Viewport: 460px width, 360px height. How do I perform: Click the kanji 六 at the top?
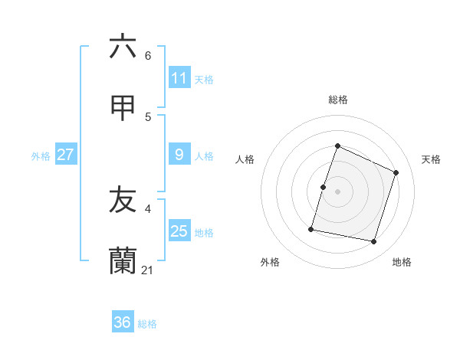tap(123, 47)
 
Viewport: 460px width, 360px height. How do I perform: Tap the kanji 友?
tap(123, 200)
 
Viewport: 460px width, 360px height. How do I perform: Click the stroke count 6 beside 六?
tap(148, 56)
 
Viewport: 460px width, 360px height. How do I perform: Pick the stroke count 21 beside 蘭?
tap(148, 270)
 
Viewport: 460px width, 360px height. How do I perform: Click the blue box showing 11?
tap(179, 78)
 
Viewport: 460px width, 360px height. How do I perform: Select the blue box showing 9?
tap(179, 155)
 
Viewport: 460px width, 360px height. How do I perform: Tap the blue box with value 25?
tap(179, 231)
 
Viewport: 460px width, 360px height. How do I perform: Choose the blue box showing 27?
tap(65, 155)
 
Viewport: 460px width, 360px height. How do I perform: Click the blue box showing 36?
tap(123, 322)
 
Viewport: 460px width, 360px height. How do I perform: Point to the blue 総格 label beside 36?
tap(147, 324)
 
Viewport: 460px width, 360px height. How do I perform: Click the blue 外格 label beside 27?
tap(41, 156)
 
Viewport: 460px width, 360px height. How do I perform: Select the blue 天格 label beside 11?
tap(204, 80)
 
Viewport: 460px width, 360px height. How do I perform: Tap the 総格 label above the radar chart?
tap(337, 100)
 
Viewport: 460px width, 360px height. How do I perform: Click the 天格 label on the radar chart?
tap(431, 159)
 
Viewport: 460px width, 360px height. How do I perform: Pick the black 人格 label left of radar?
tap(245, 159)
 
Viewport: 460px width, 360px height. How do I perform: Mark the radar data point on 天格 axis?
tap(396, 172)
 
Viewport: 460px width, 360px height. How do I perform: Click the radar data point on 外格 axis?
tap(312, 228)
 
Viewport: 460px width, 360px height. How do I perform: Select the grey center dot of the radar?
tap(337, 191)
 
